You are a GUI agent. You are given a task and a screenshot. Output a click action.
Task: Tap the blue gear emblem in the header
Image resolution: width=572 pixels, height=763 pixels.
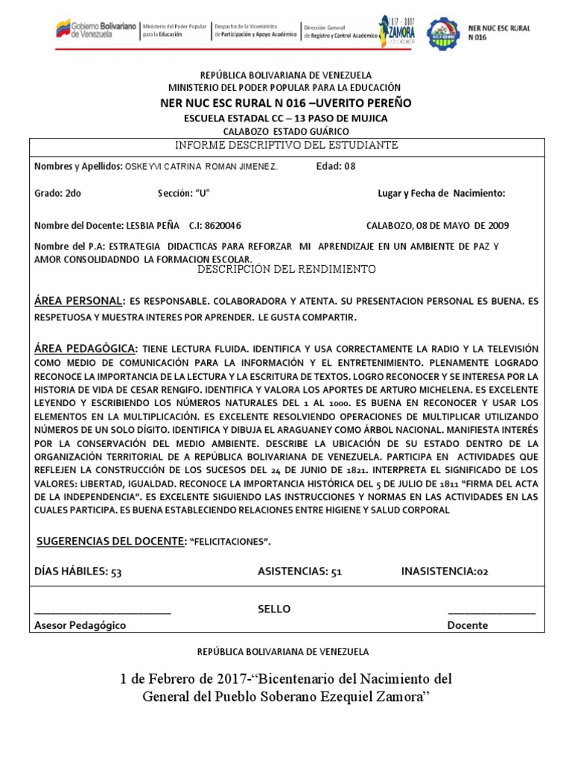(439, 31)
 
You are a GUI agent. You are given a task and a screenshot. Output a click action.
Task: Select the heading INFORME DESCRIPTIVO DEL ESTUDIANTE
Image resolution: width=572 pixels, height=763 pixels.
(287, 145)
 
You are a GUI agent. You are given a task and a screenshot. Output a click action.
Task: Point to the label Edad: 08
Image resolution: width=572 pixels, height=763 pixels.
(337, 166)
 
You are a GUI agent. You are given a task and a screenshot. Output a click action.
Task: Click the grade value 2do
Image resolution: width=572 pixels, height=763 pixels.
(73, 194)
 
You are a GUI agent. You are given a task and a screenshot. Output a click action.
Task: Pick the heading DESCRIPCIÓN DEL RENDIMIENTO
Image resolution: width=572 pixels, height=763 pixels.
(287, 269)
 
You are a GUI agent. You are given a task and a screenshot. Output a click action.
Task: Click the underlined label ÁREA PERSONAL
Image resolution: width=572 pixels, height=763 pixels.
(78, 301)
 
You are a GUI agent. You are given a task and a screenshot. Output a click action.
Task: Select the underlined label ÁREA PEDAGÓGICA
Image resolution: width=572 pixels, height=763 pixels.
(86, 349)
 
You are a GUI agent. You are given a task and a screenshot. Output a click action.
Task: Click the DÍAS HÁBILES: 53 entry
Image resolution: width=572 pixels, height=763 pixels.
(78, 572)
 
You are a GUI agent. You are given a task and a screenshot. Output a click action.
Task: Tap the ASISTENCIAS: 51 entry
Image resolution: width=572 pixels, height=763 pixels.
(299, 572)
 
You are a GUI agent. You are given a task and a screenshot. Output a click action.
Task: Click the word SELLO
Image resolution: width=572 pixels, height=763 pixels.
(274, 610)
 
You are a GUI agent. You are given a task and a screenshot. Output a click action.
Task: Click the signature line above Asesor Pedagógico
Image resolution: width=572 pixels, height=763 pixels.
(103, 612)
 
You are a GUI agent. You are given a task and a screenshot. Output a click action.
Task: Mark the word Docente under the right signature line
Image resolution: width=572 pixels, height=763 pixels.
(468, 626)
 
